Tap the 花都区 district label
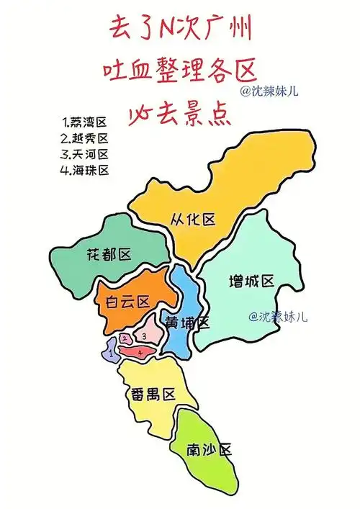108,254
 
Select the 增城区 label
251,280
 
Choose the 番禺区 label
153,394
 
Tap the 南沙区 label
210,449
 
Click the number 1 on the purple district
110,353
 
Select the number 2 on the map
125,338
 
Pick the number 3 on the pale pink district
144,335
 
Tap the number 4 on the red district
140,352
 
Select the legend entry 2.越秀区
85,138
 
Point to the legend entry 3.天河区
85,154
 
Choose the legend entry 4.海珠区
85,171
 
